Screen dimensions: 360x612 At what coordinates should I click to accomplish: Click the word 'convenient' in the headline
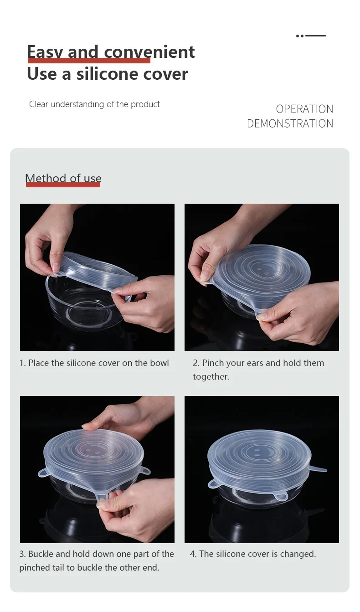pyautogui.click(x=149, y=52)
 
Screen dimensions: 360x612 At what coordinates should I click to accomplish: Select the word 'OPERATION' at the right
pyautogui.click(x=304, y=109)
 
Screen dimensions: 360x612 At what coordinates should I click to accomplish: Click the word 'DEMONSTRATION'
pyautogui.click(x=290, y=123)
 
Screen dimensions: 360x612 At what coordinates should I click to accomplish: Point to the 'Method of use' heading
pyautogui.click(x=63, y=178)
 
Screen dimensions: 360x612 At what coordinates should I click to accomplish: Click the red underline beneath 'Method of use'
pyautogui.click(x=63, y=185)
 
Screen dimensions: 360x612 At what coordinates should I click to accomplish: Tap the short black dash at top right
pyautogui.click(x=315, y=36)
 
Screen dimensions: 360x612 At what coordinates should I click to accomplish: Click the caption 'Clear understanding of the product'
pyautogui.click(x=94, y=104)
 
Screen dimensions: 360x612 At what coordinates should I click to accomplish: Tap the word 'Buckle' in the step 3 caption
pyautogui.click(x=41, y=554)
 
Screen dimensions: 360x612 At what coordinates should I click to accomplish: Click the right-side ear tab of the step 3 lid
pyautogui.click(x=145, y=470)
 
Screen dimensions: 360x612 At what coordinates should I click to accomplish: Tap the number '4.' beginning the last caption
pyautogui.click(x=193, y=554)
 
